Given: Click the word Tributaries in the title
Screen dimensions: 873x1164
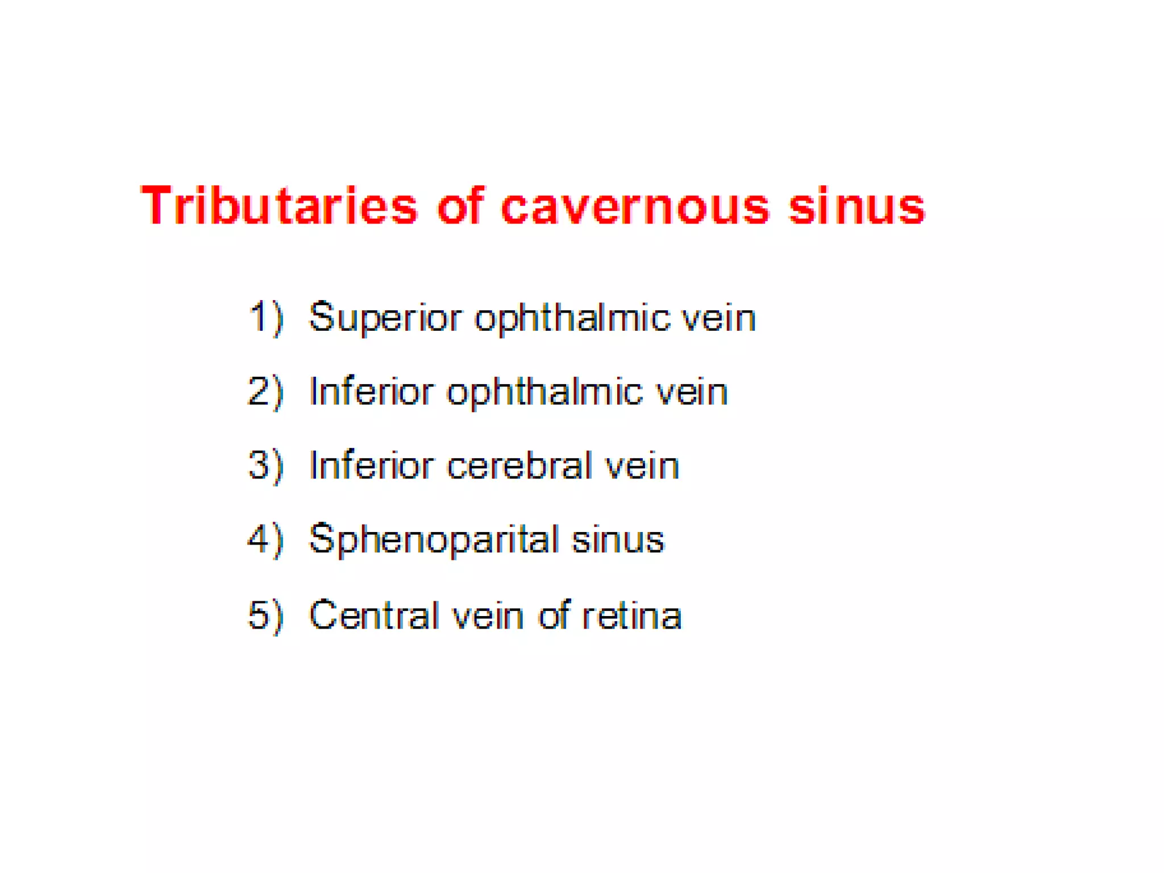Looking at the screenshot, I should coord(278,206).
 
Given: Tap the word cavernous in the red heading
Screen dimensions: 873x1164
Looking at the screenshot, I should coord(635,207).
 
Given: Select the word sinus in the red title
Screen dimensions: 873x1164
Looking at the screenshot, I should coord(857,207).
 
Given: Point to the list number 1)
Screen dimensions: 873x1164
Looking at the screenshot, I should coord(266,317).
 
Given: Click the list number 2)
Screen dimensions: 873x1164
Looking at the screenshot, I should coord(266,392).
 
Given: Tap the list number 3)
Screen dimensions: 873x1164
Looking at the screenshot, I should coord(266,465).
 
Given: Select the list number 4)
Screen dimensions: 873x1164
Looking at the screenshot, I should coord(266,539).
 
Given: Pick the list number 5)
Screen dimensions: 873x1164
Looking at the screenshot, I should coord(266,615).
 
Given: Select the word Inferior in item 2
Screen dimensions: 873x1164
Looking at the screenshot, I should coord(371,392).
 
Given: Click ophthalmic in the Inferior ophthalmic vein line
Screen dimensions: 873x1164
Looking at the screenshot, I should coord(544,393).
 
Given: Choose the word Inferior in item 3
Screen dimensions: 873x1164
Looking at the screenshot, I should coord(371,466).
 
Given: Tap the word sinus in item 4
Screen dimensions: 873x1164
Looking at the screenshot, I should coord(618,541).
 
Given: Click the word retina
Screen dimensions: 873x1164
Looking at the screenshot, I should coord(631,616).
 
